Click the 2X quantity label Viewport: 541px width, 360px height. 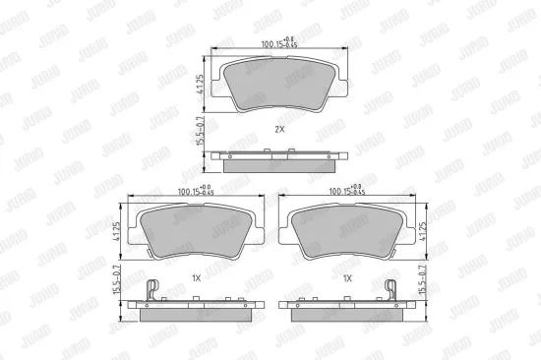[x=279, y=129]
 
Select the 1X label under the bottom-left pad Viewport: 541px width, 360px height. [x=196, y=279]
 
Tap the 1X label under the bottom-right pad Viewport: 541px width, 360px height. [x=346, y=279]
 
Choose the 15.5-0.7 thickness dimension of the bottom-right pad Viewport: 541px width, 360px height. [x=426, y=282]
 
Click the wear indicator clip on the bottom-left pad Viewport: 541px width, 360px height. [x=150, y=290]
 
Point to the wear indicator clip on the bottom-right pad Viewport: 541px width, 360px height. [x=391, y=290]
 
